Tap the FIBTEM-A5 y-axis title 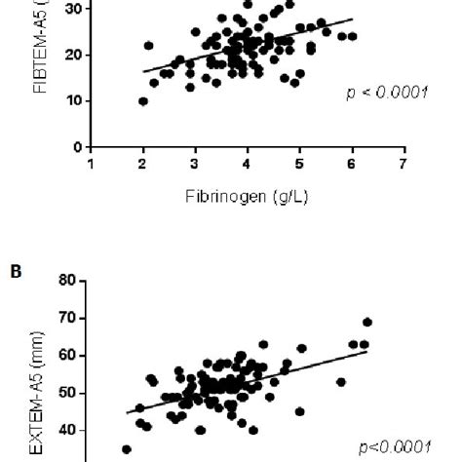pos(40,49)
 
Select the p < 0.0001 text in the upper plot pos(387,94)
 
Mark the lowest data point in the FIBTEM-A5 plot pos(143,101)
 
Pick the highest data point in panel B pos(367,322)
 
